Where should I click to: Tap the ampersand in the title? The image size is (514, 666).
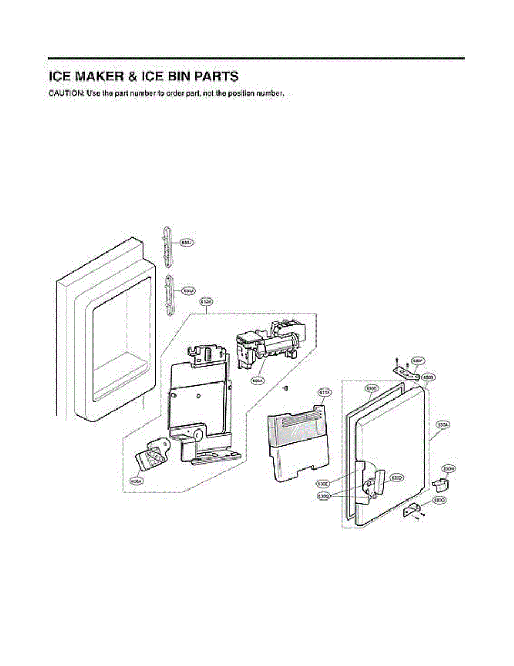[142, 76]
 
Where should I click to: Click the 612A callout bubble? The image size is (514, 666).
[206, 301]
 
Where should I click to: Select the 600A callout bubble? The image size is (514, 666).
[257, 381]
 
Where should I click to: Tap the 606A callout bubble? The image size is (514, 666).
[135, 482]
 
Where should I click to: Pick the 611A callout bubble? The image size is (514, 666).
[324, 393]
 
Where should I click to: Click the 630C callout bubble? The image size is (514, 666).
[371, 389]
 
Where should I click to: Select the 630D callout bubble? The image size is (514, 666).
[396, 477]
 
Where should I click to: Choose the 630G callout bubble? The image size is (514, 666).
[439, 501]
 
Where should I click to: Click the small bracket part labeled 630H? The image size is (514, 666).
[440, 485]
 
